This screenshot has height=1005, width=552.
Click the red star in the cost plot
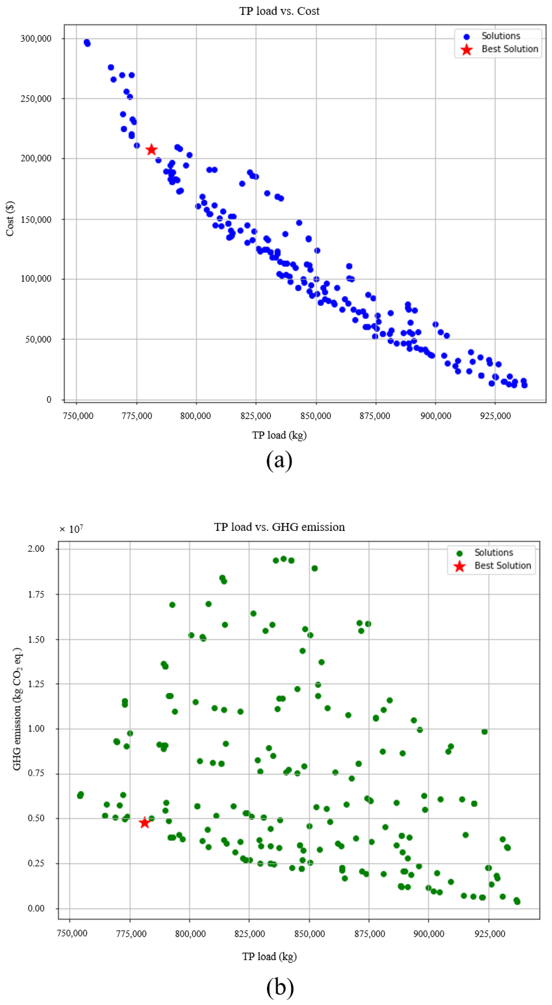(x=151, y=149)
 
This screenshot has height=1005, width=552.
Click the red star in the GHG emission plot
(x=145, y=823)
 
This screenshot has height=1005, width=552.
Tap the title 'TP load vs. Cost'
(x=279, y=11)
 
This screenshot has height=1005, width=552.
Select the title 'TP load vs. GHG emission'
(x=279, y=527)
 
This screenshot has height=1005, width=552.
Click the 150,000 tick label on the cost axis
(x=36, y=219)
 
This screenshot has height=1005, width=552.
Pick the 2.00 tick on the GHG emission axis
(x=36, y=549)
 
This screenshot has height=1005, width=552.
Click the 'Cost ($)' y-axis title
(x=10, y=218)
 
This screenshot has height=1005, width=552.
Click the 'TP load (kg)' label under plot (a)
(x=279, y=435)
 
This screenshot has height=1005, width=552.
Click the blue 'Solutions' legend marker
(x=467, y=36)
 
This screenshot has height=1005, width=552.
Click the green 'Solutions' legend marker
(x=459, y=553)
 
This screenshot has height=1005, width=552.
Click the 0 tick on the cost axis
(x=49, y=399)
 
